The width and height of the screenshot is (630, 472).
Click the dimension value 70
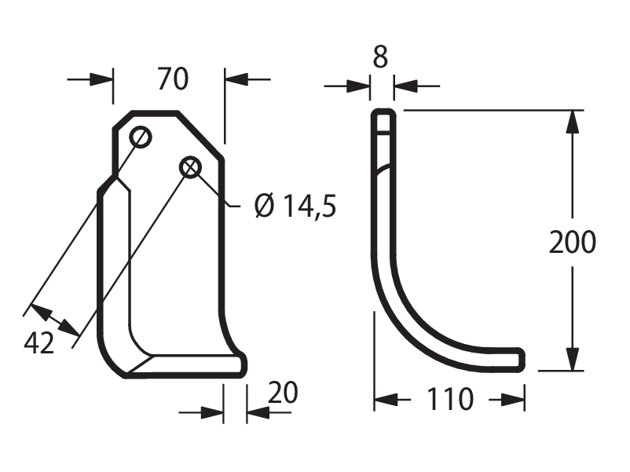click(173, 79)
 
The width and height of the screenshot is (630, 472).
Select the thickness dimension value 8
click(380, 57)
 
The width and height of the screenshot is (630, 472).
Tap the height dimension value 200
click(573, 242)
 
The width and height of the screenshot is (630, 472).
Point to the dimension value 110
click(450, 399)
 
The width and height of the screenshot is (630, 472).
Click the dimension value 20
click(283, 393)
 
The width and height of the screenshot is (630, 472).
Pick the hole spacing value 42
click(38, 343)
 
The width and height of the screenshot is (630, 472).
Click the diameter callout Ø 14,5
click(295, 205)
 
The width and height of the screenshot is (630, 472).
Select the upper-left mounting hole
click(141, 137)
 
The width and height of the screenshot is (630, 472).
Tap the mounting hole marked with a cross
click(190, 167)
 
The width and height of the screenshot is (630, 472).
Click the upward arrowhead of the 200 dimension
click(572, 122)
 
